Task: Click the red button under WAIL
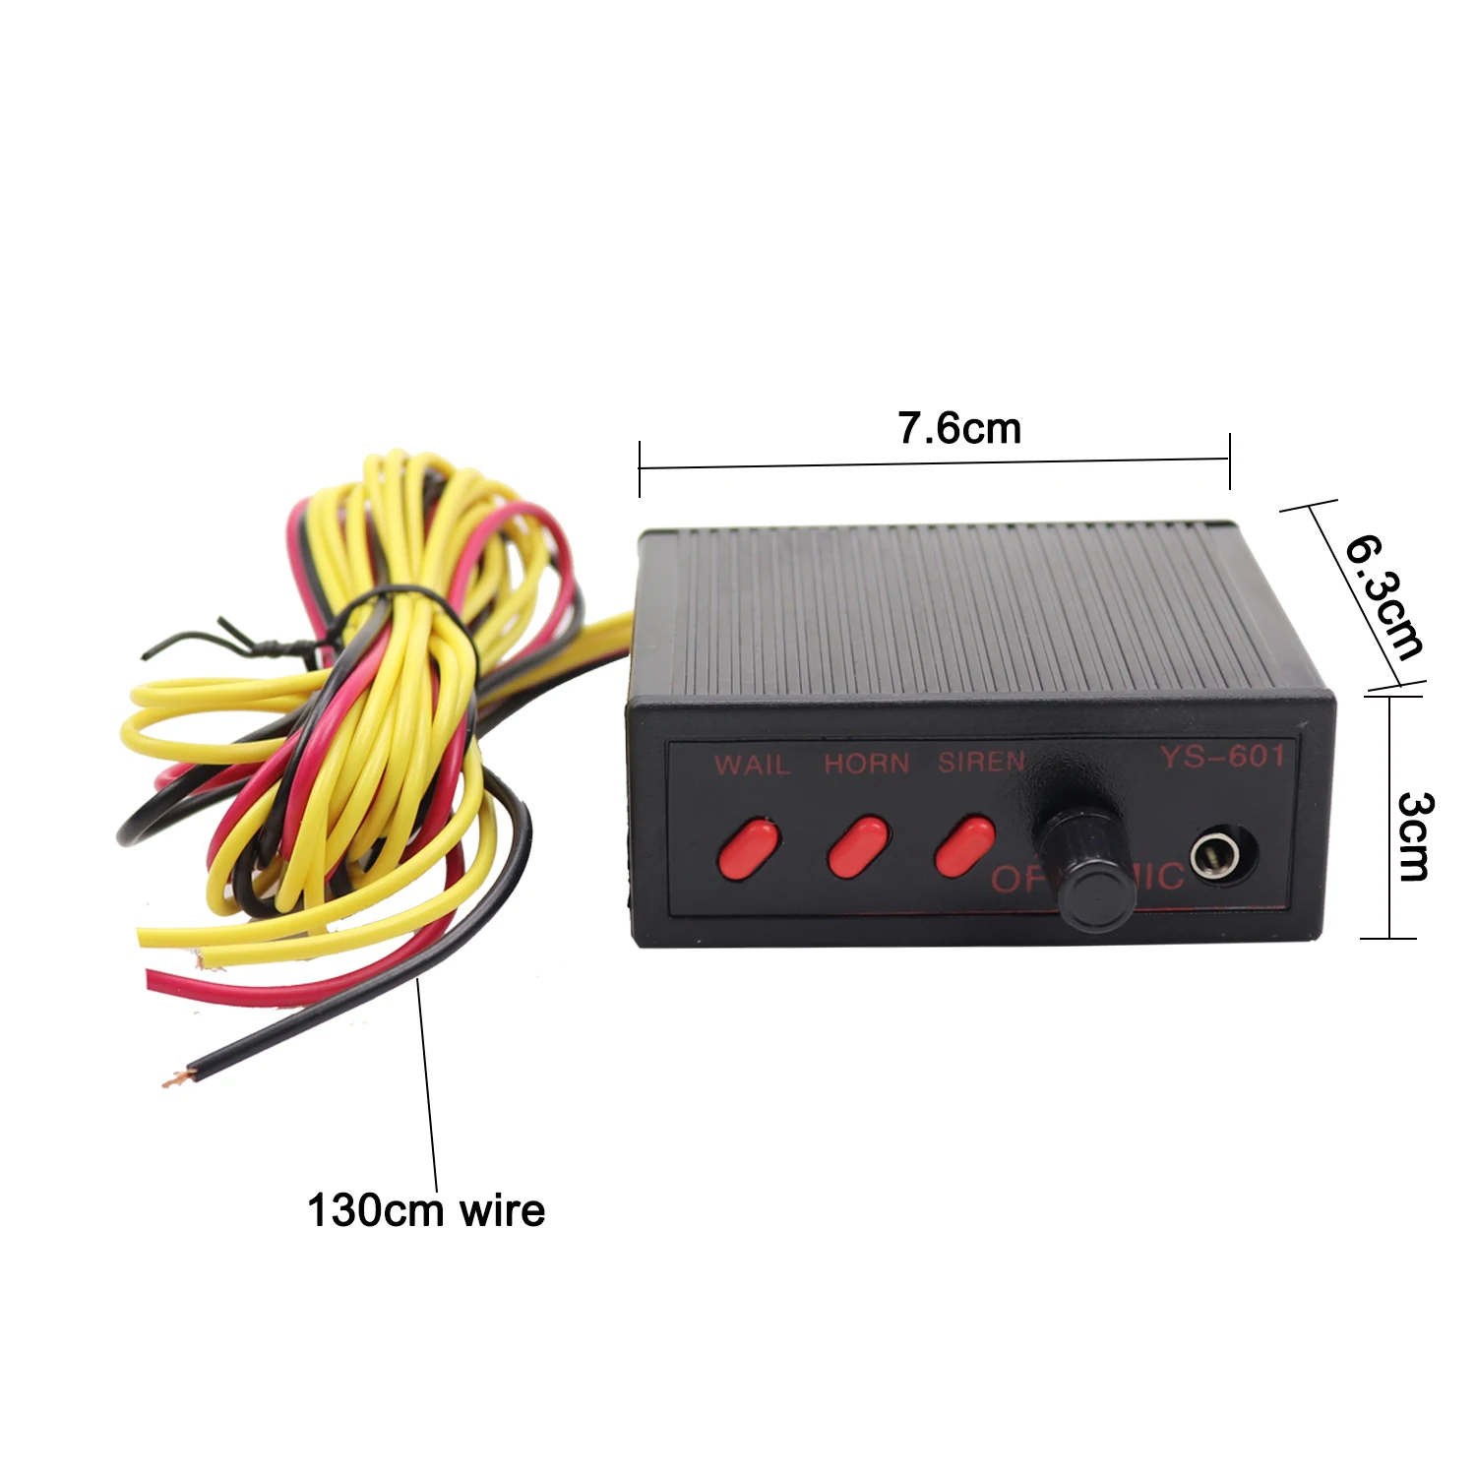[750, 846]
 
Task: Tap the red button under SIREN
[964, 844]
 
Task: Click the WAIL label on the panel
[752, 765]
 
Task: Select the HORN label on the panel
[866, 764]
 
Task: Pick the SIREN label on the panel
[980, 762]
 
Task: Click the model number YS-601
[1222, 757]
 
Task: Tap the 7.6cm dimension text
[959, 428]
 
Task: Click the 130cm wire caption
[425, 1210]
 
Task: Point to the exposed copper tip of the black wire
[174, 1077]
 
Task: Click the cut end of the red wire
[154, 980]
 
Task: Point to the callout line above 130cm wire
[428, 1082]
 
